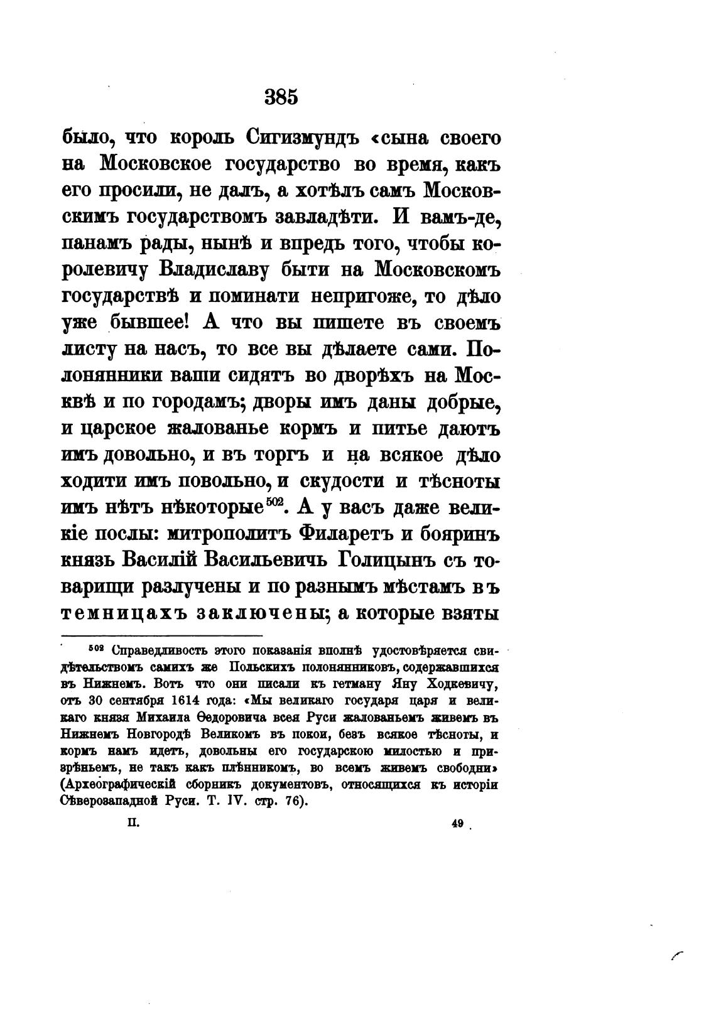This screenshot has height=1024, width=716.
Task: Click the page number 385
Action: pyautogui.click(x=281, y=98)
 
